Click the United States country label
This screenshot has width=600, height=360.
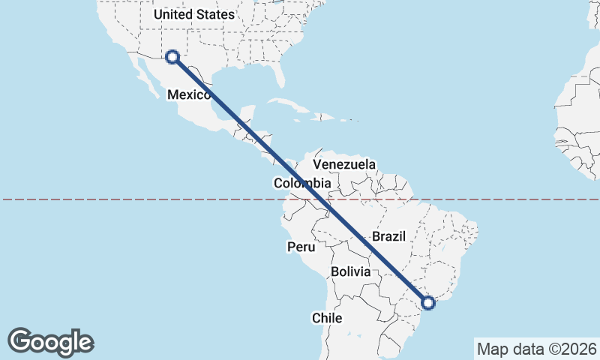coord(193,14)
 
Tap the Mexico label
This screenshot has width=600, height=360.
coord(188,94)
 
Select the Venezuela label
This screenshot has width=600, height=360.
coord(344,164)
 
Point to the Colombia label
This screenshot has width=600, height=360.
coord(302,183)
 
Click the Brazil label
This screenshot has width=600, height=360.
coord(388,236)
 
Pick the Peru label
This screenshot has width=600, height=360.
coord(301,247)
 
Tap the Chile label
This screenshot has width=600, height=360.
coord(327,318)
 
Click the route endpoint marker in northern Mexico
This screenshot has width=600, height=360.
coord(172,56)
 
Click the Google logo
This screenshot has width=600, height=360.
coord(50,341)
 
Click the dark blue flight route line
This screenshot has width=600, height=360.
coord(300,180)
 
